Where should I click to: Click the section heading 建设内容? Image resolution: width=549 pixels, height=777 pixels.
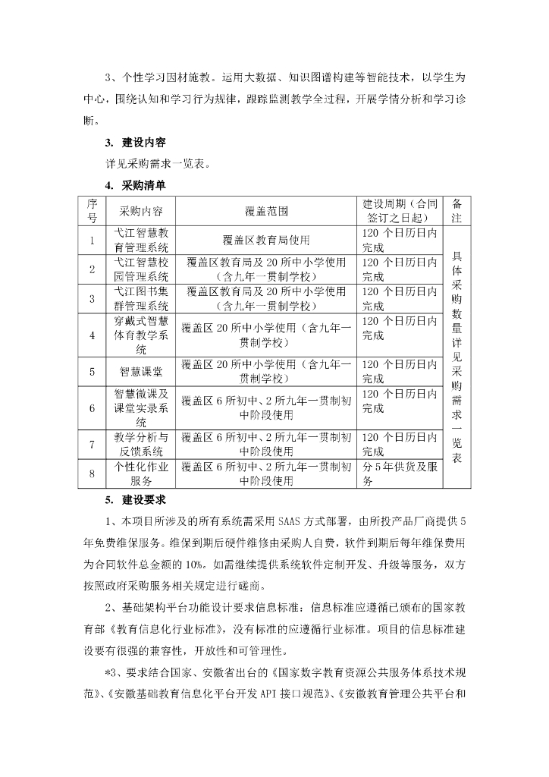(x=145, y=143)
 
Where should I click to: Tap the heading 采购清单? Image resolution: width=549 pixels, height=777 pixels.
(x=145, y=184)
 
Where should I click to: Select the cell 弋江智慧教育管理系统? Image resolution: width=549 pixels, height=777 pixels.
(x=141, y=241)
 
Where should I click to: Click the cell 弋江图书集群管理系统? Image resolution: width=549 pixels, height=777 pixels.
(x=141, y=298)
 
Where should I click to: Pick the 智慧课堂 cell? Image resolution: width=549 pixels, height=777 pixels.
(x=141, y=372)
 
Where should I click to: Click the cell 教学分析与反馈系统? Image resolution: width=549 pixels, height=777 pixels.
(x=141, y=445)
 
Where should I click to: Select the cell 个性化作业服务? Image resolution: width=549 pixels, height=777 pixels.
(x=141, y=473)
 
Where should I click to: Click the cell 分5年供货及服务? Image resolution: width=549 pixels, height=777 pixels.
(x=400, y=473)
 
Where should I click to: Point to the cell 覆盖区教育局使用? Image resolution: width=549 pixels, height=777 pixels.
(x=267, y=241)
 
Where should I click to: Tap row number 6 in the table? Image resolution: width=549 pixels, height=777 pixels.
(x=92, y=408)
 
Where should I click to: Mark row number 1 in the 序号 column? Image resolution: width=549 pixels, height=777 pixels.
(x=92, y=241)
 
